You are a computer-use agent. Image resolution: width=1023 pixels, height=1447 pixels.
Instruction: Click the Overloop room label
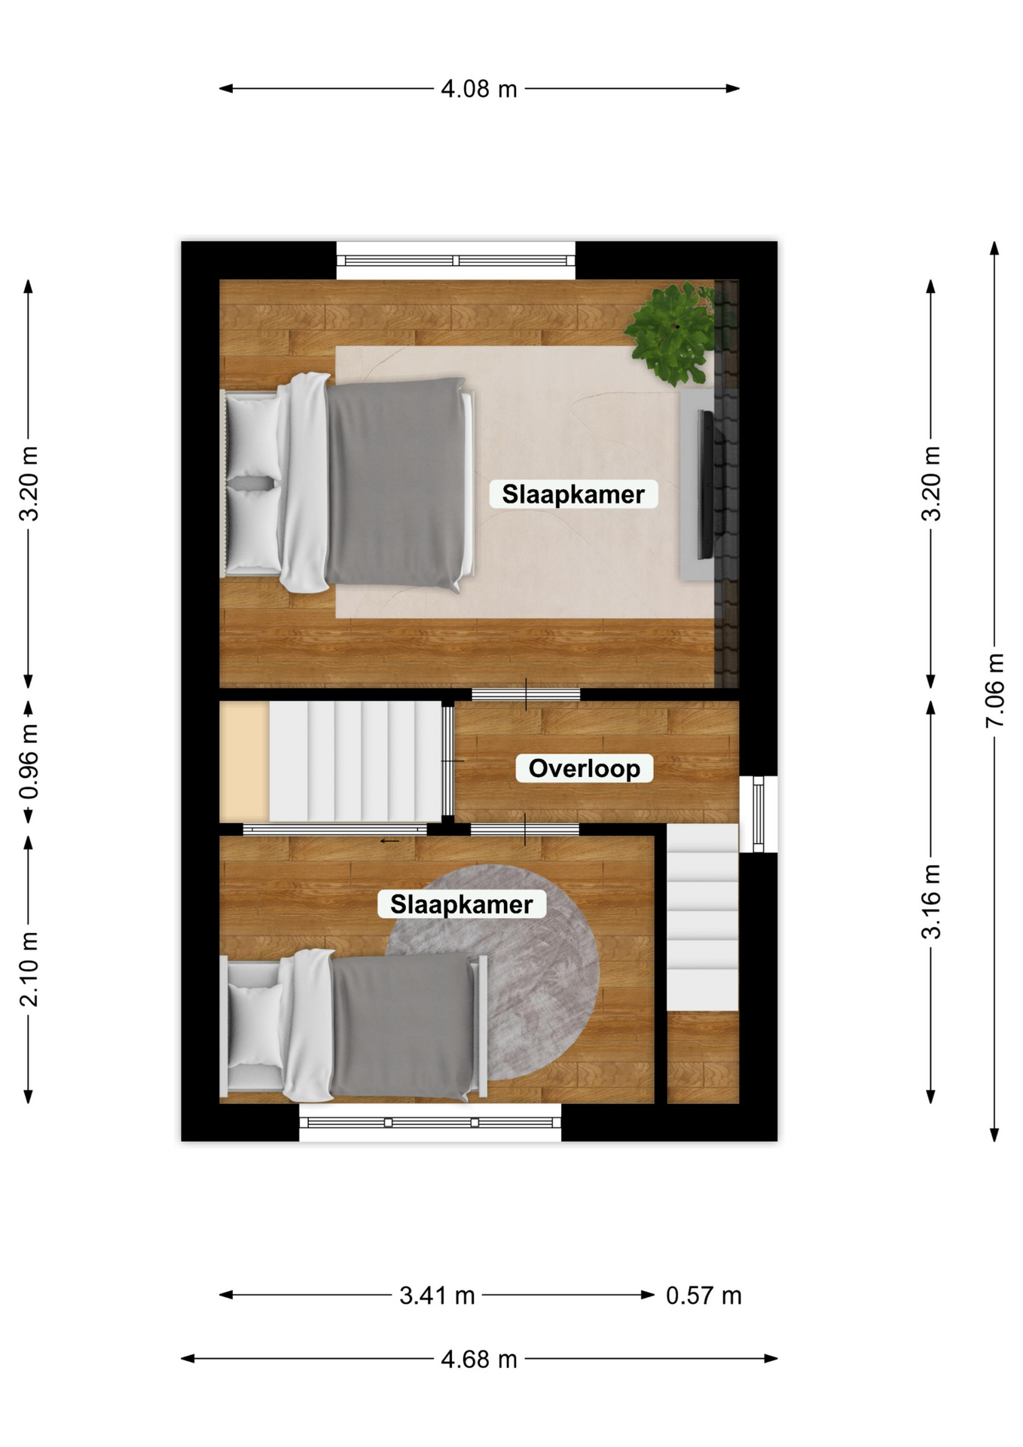[584, 768]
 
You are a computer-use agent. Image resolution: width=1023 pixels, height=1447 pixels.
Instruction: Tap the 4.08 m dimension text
[479, 89]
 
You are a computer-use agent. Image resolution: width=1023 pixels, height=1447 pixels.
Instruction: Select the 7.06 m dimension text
[994, 690]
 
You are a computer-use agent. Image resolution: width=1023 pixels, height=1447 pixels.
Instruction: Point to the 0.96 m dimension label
[29, 762]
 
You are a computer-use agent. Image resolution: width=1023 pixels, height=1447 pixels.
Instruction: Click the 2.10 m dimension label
[29, 969]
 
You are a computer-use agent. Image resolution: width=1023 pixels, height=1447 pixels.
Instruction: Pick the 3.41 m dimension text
[437, 1296]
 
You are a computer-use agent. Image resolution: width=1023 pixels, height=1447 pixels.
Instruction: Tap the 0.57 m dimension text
[704, 1296]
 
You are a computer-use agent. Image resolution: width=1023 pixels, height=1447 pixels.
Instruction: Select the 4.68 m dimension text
[479, 1359]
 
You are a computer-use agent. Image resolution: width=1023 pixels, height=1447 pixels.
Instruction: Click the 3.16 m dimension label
[931, 901]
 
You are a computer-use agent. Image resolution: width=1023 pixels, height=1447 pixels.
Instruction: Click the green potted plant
[670, 333]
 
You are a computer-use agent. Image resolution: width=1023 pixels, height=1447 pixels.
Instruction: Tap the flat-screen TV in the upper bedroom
[706, 485]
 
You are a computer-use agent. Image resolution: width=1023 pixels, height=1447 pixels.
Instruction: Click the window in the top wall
[456, 261]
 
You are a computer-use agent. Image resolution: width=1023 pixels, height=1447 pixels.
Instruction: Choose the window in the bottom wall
[430, 1122]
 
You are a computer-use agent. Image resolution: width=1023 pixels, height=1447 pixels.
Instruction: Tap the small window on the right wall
[759, 814]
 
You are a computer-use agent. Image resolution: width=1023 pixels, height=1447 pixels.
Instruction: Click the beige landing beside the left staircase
[244, 762]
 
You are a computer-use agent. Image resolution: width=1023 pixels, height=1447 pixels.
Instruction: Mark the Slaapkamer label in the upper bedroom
[573, 494]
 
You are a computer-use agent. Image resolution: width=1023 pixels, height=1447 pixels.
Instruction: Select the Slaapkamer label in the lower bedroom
[462, 904]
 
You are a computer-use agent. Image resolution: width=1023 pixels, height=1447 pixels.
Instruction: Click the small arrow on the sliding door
[389, 841]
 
